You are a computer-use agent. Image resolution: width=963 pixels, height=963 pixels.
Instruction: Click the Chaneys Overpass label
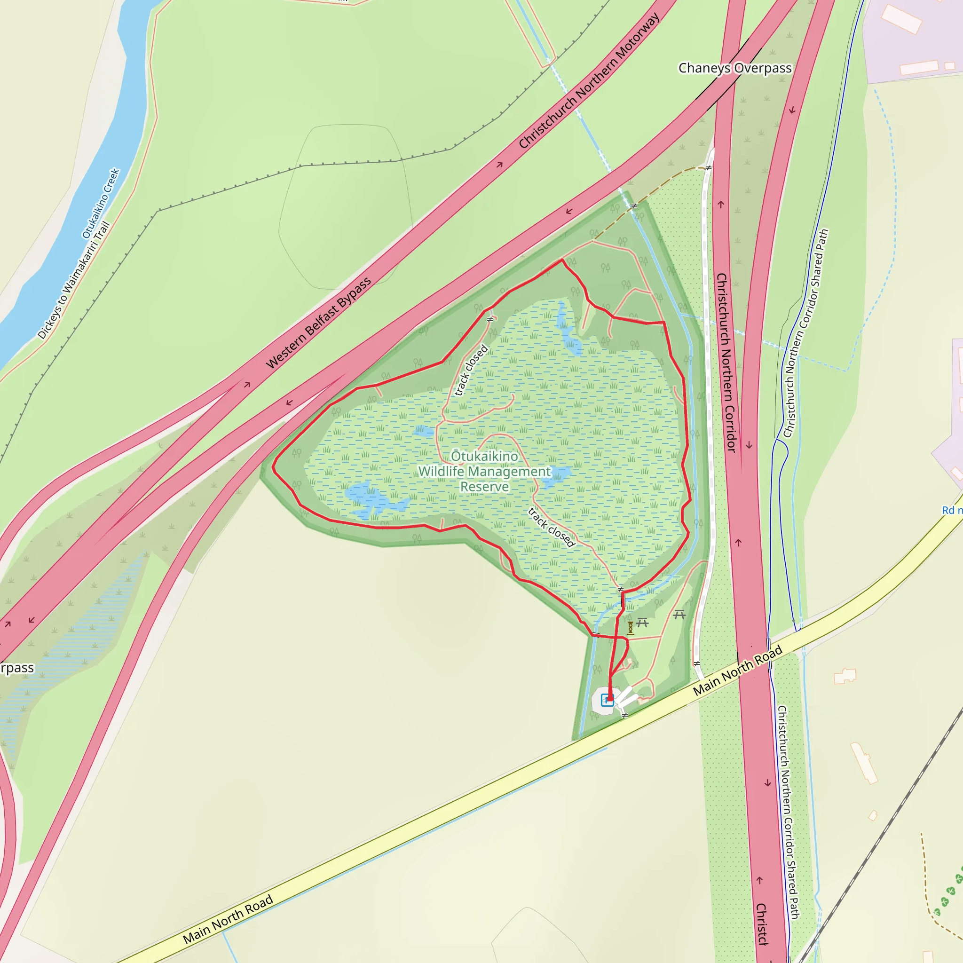click(735, 68)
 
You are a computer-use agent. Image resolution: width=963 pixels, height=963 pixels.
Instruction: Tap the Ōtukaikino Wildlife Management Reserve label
click(484, 471)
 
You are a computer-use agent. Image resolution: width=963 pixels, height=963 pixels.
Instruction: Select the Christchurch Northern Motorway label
click(589, 81)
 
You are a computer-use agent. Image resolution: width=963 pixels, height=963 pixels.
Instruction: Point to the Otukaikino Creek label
click(101, 203)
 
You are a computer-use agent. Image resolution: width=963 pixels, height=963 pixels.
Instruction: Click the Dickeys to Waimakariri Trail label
click(74, 281)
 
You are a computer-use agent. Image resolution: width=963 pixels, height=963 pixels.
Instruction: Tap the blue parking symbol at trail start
click(607, 700)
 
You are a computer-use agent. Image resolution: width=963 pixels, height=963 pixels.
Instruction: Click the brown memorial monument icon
click(630, 628)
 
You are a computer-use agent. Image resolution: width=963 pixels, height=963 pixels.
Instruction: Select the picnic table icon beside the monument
click(642, 623)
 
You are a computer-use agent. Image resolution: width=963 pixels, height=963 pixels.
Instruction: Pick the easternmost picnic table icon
click(679, 615)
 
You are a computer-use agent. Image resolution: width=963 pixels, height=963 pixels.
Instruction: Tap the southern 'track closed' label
click(551, 527)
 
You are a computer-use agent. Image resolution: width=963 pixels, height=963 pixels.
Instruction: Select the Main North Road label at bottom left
click(228, 919)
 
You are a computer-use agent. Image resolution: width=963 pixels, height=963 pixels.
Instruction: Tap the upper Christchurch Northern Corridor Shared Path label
click(805, 333)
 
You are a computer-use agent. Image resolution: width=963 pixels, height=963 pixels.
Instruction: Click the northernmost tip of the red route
click(562, 260)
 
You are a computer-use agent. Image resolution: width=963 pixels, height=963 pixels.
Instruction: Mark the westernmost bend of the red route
click(273, 467)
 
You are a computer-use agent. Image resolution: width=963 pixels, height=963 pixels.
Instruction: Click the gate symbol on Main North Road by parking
click(624, 715)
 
